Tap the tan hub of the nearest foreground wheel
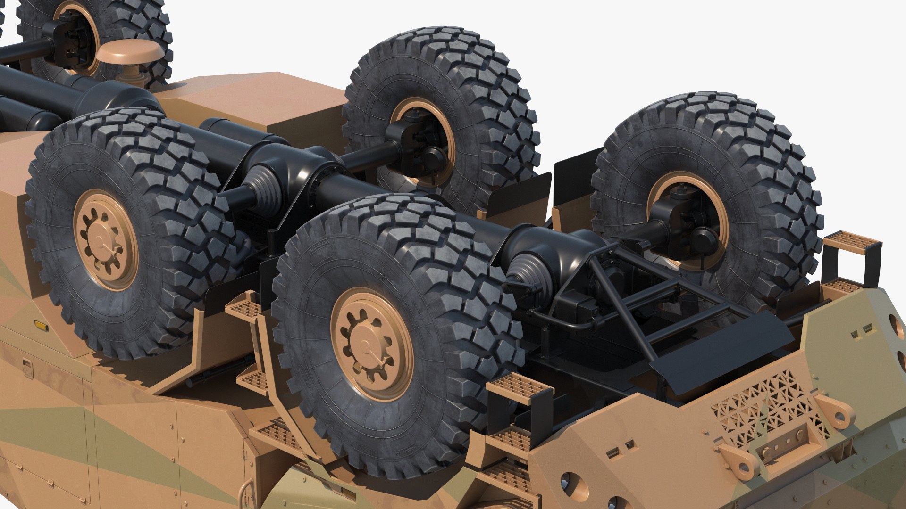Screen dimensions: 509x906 coord(372,344)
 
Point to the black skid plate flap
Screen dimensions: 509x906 coord(722,344)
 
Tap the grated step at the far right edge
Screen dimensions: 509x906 coord(852,243)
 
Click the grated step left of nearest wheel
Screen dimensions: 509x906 coord(243,309)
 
